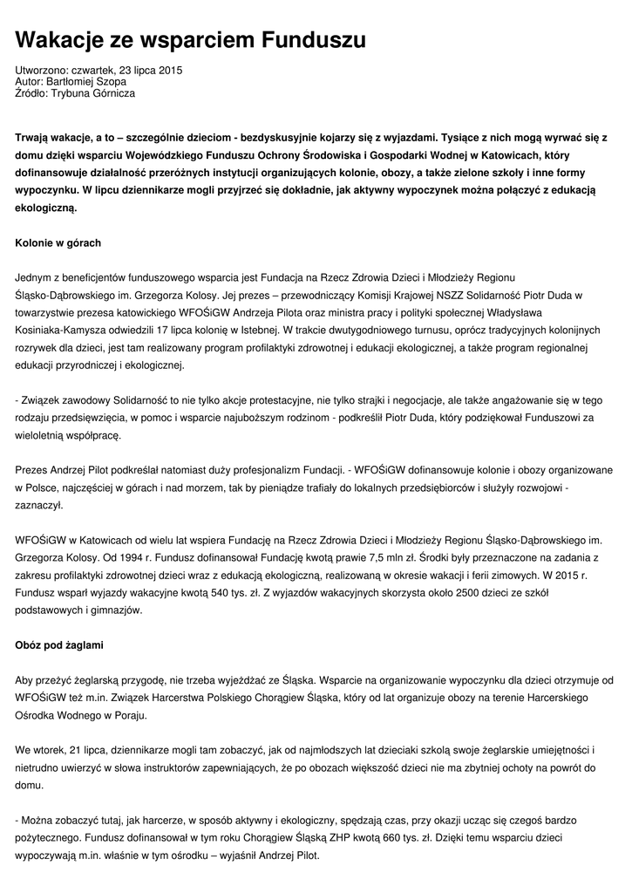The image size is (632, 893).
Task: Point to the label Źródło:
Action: coord(32,93)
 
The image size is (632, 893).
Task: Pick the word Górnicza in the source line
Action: coord(112,93)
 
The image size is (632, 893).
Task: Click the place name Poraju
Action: coord(128,714)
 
